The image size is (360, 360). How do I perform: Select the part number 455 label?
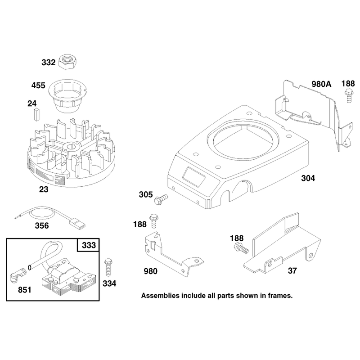38,85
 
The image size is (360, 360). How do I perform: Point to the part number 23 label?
44,189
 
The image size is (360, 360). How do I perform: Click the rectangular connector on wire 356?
77,223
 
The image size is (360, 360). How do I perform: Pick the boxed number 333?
89,245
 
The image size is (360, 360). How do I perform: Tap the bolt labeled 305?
161,199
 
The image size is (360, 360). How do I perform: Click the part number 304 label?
308,178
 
